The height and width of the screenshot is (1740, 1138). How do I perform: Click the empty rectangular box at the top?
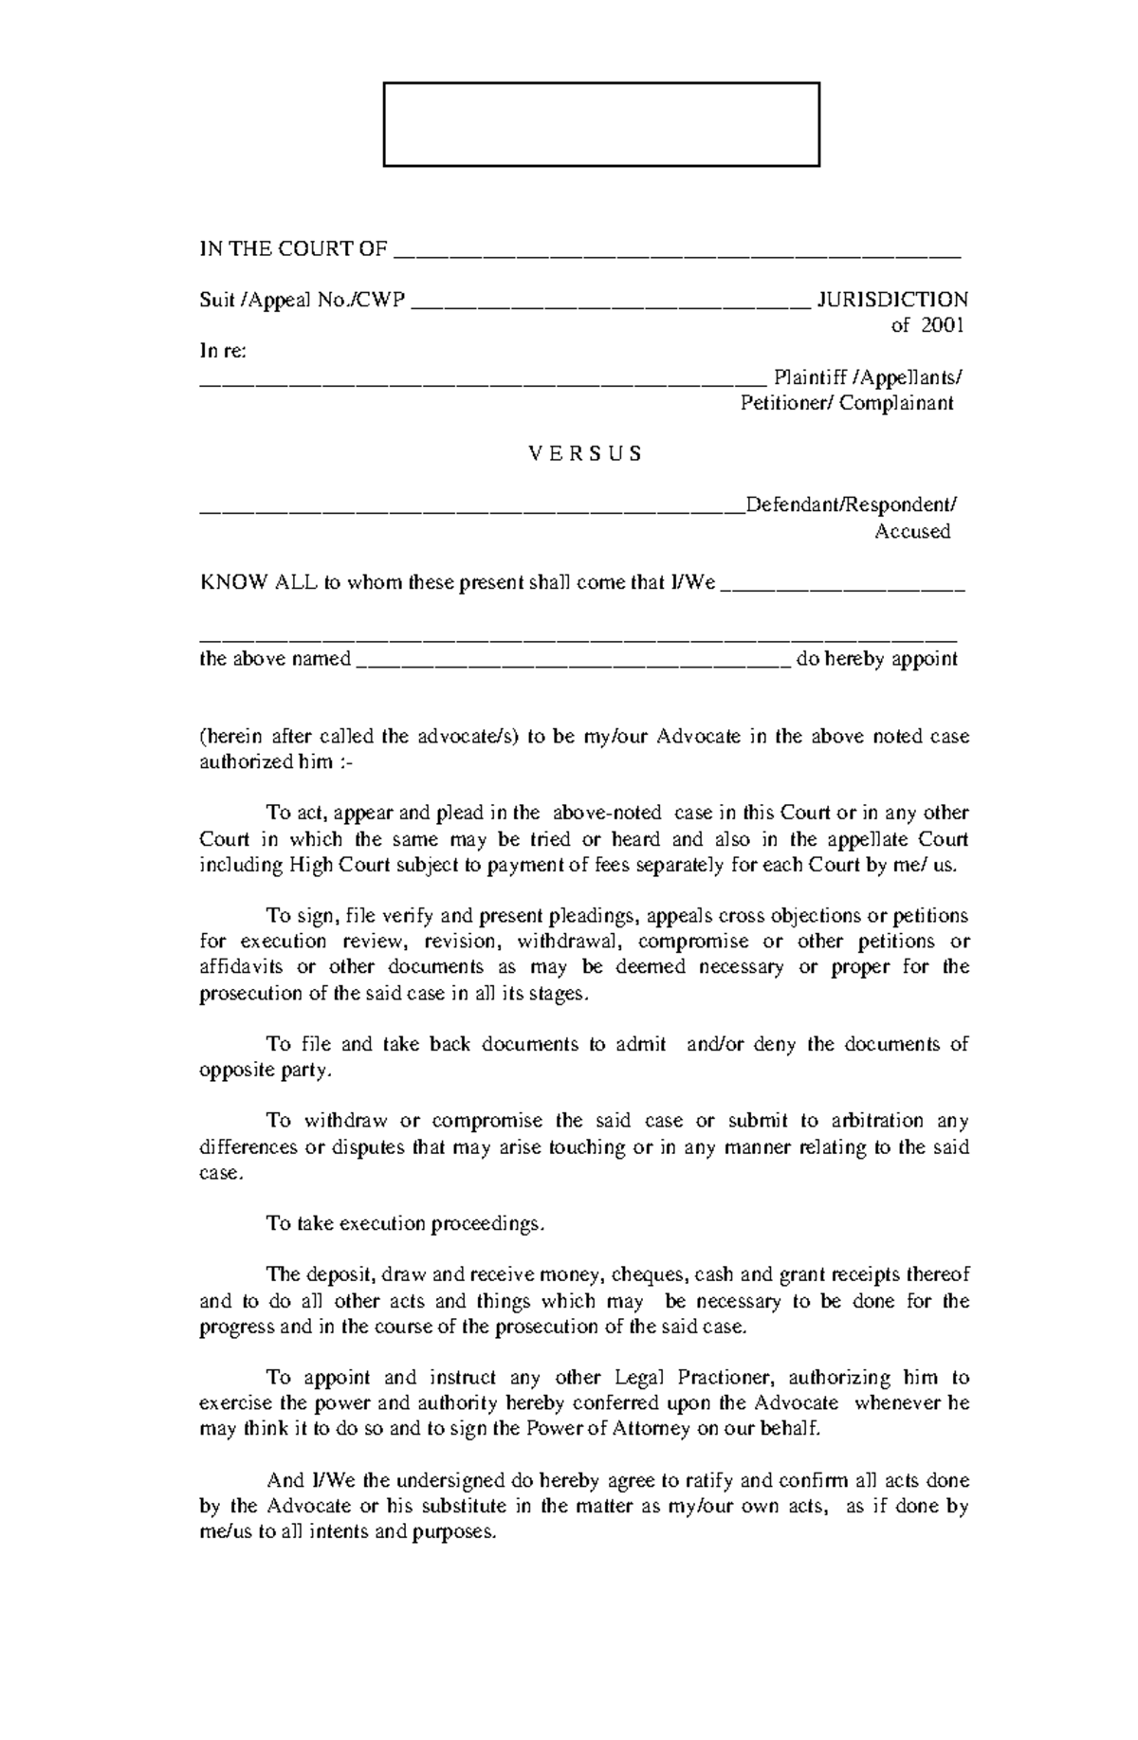(x=600, y=124)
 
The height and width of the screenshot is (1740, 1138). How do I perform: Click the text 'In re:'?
(x=223, y=351)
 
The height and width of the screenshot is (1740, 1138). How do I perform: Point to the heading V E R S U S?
(x=584, y=453)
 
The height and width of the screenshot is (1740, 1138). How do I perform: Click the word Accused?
(x=911, y=531)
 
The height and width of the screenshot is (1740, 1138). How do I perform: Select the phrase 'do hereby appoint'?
(x=876, y=659)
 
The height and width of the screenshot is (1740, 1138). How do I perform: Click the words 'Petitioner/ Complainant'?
(x=846, y=403)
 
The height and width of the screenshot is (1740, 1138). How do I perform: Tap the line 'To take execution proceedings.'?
(x=406, y=1223)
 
